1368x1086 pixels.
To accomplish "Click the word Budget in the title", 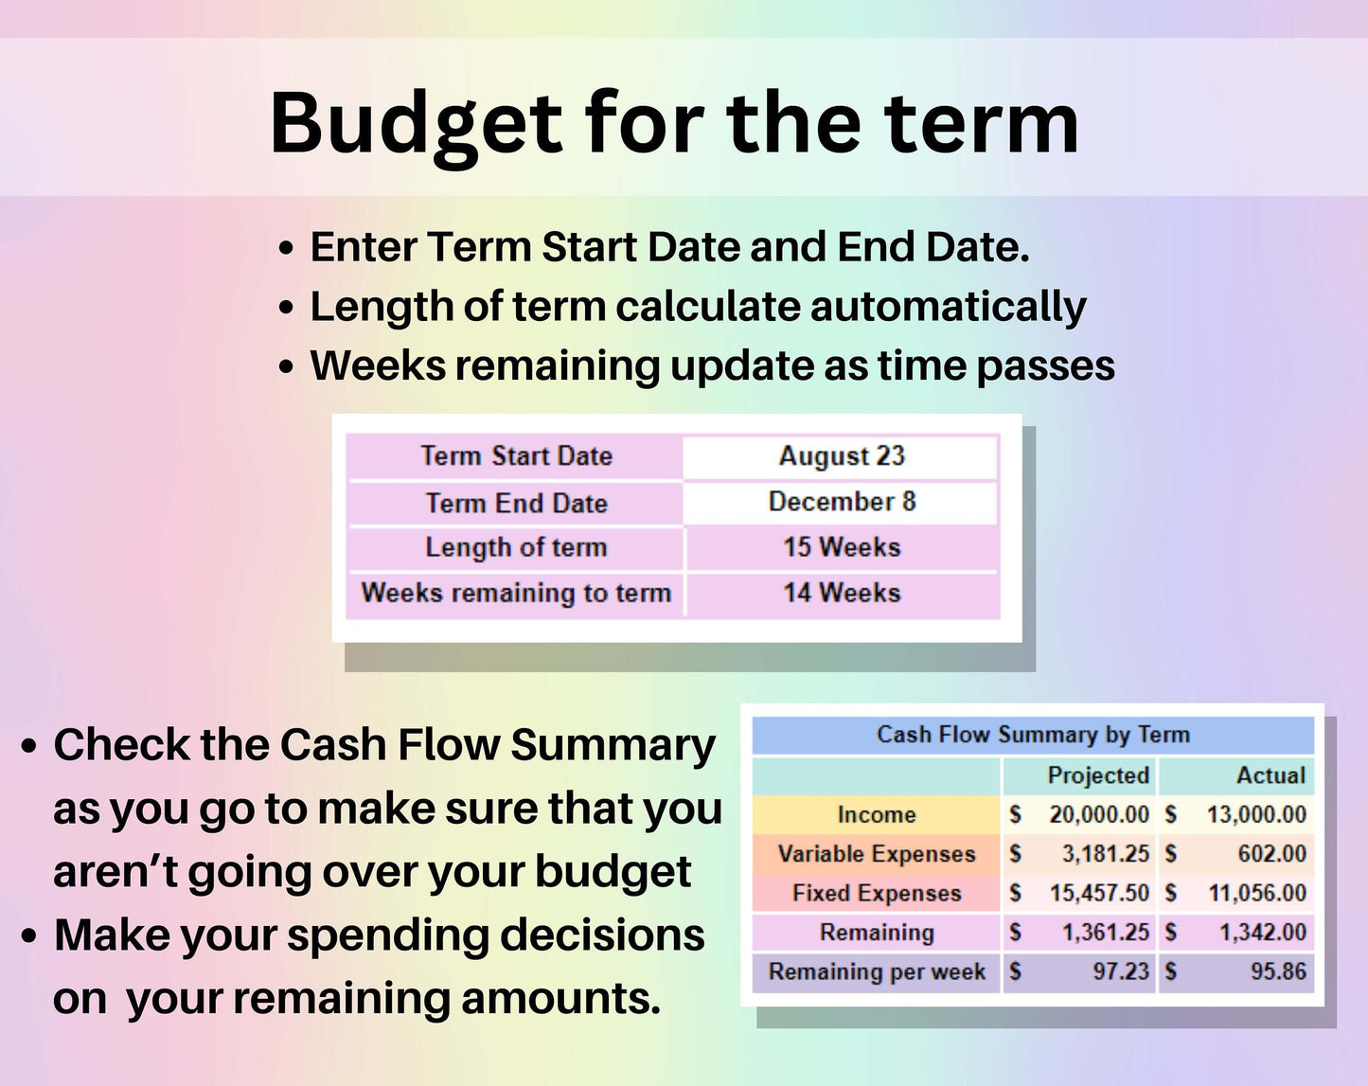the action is tap(417, 125).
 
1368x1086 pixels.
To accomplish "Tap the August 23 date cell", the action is tap(841, 456).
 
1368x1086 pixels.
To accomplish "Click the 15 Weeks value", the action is tap(842, 547).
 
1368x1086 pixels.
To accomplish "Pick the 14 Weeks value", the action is tap(842, 594).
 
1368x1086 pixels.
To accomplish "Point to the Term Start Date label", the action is tap(516, 456).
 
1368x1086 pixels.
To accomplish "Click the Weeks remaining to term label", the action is tap(516, 594).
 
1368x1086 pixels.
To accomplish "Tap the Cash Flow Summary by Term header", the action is tap(1033, 735).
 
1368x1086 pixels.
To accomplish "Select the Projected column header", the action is tap(1098, 775).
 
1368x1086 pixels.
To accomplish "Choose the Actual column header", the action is tap(1270, 775).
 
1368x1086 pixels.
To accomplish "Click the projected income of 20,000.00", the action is tap(1099, 814).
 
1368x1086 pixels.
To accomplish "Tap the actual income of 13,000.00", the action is tap(1256, 814).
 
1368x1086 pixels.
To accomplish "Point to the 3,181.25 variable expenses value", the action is tap(1106, 854).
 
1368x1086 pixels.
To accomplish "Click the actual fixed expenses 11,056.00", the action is tap(1256, 894).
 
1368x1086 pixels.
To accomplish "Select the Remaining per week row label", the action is tap(877, 971).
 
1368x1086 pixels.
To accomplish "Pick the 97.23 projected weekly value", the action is tap(1121, 971).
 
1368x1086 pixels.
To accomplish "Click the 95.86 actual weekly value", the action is tap(1278, 971).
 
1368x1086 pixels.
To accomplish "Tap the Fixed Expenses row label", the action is tap(877, 894).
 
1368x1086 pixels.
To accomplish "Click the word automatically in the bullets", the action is tap(948, 308).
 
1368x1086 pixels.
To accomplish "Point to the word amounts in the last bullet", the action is tap(561, 998).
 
